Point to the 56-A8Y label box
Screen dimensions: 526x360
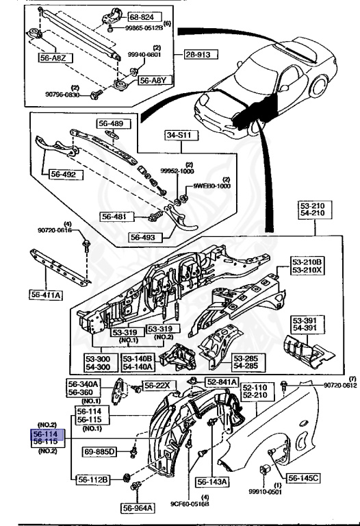click(x=153, y=80)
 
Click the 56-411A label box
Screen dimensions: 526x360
click(x=47, y=294)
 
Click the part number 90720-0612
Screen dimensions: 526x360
click(x=340, y=386)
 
